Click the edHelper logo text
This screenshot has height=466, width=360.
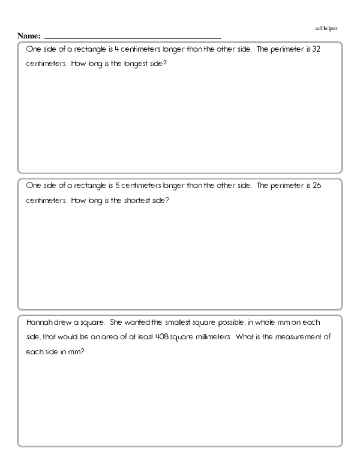click(x=327, y=28)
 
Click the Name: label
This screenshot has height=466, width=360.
click(x=29, y=37)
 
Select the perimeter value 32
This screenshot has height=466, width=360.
click(x=317, y=50)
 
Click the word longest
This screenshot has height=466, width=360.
click(x=127, y=63)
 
